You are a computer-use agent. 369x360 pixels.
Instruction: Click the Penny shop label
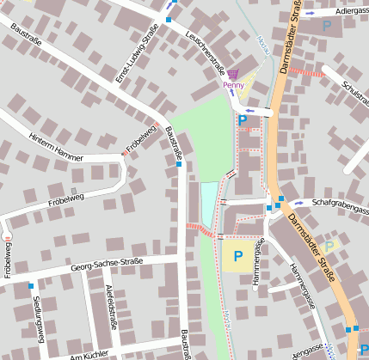[x=233, y=85]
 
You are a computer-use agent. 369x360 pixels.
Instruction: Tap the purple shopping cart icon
[x=233, y=75]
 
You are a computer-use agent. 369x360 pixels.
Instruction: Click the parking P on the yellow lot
[x=237, y=255]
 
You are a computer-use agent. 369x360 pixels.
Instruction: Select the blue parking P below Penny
[x=242, y=121]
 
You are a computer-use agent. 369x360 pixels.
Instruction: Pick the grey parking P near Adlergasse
[x=326, y=27]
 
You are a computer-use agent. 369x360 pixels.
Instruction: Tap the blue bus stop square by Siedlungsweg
[x=31, y=285]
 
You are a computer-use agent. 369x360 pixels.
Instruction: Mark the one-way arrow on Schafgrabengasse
[x=298, y=204]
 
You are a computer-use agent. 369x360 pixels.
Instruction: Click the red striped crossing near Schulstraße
[x=306, y=72]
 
